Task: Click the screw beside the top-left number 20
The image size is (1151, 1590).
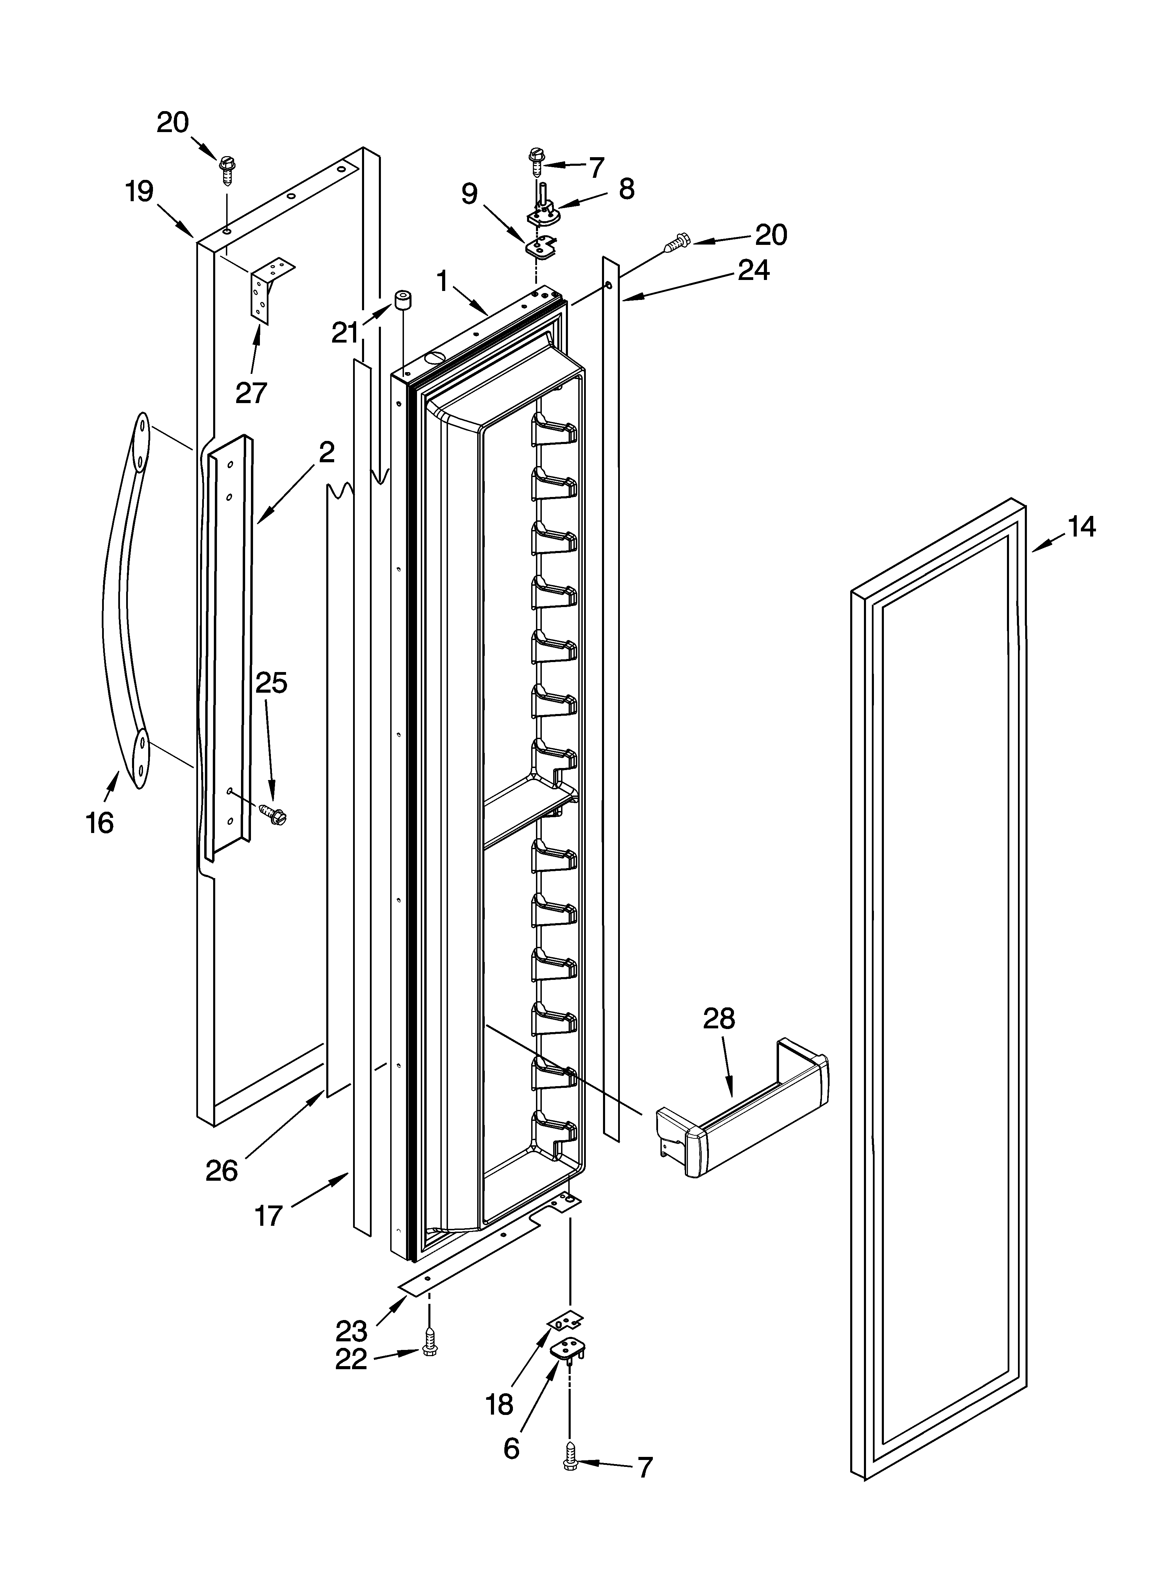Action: [227, 168]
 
